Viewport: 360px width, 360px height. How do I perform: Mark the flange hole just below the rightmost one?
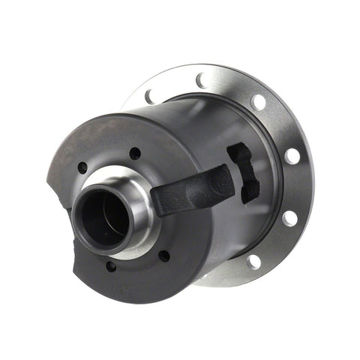click(289, 217)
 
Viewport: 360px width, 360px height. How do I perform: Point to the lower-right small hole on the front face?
click(163, 256)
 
